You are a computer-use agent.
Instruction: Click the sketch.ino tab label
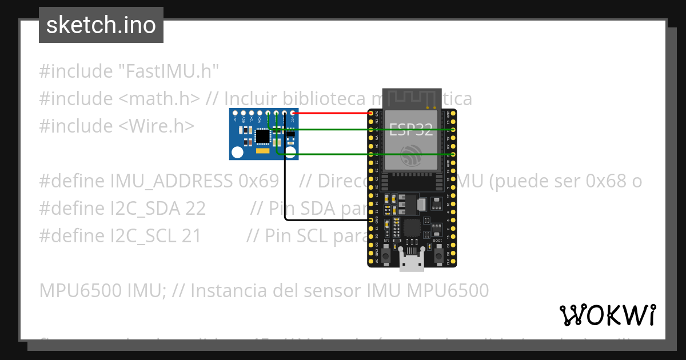(101, 25)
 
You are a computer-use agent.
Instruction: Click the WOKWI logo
(607, 315)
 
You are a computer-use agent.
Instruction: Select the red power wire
(332, 113)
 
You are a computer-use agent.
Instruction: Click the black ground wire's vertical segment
(285, 171)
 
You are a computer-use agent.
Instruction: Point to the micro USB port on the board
(412, 264)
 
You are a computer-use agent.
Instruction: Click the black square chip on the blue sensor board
(262, 136)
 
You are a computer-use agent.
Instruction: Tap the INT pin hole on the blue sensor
(235, 113)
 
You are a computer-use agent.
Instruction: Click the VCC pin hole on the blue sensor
(293, 113)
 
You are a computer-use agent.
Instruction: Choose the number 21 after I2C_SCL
(192, 235)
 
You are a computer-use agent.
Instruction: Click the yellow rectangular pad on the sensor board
(262, 153)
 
